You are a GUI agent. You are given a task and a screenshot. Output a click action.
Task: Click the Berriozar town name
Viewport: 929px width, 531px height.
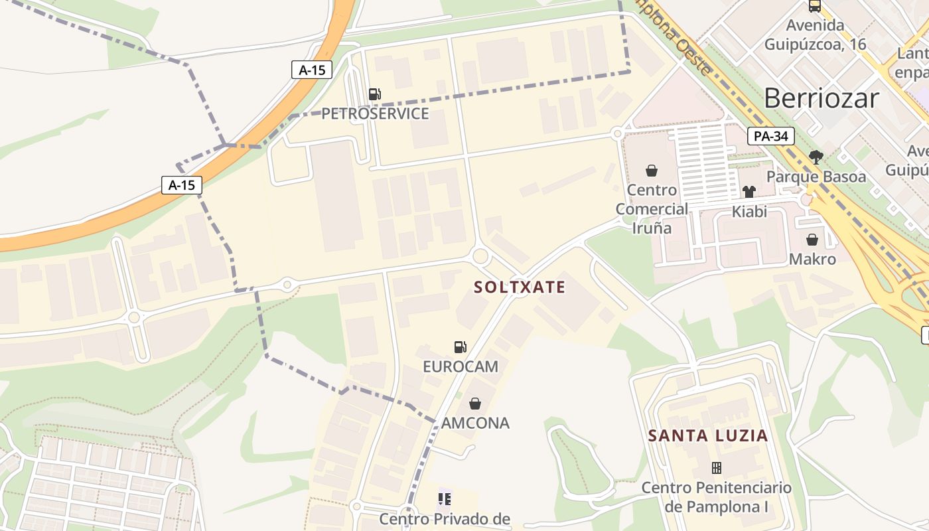coord(822,98)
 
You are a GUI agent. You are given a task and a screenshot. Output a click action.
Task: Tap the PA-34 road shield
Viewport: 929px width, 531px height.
coord(771,137)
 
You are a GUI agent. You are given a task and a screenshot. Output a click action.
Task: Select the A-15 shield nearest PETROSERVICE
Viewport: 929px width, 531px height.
coord(311,70)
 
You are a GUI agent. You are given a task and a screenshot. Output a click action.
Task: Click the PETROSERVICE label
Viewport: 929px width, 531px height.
coord(375,114)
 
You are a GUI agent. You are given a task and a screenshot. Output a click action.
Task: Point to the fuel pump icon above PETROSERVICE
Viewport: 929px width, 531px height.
coord(375,95)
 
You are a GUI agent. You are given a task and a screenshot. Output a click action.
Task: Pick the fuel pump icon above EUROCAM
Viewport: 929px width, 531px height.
coord(460,347)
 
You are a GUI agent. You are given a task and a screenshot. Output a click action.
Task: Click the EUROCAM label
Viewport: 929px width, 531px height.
coord(461,366)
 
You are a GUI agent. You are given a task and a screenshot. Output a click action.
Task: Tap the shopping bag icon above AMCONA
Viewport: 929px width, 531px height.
coord(475,404)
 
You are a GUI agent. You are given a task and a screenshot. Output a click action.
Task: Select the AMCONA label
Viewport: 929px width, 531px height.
coord(475,423)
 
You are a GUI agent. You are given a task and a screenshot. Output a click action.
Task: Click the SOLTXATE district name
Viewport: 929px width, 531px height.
coord(520,287)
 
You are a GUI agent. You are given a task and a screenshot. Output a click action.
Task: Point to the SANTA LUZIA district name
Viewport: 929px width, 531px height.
coord(708,436)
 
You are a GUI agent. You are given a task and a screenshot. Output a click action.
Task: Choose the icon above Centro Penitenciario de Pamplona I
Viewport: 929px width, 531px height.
coord(717,468)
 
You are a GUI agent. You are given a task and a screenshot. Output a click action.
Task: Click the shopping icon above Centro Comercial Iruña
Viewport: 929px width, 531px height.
coord(652,171)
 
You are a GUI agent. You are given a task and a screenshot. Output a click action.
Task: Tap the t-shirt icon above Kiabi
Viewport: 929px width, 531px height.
coord(749,192)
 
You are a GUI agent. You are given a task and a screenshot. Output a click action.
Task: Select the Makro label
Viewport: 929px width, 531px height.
coord(812,259)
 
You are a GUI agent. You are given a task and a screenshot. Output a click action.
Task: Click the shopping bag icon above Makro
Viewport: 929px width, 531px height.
coord(812,240)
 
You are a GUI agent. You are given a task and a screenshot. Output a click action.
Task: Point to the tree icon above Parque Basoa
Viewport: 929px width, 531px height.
coord(816,157)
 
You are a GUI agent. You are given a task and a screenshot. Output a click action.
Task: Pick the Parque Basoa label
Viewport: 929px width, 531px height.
coord(816,177)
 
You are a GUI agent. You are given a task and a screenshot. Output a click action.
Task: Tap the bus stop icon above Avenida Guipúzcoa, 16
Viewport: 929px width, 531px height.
coord(815,7)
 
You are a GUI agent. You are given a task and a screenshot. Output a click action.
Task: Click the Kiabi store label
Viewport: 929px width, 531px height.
coord(749,212)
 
